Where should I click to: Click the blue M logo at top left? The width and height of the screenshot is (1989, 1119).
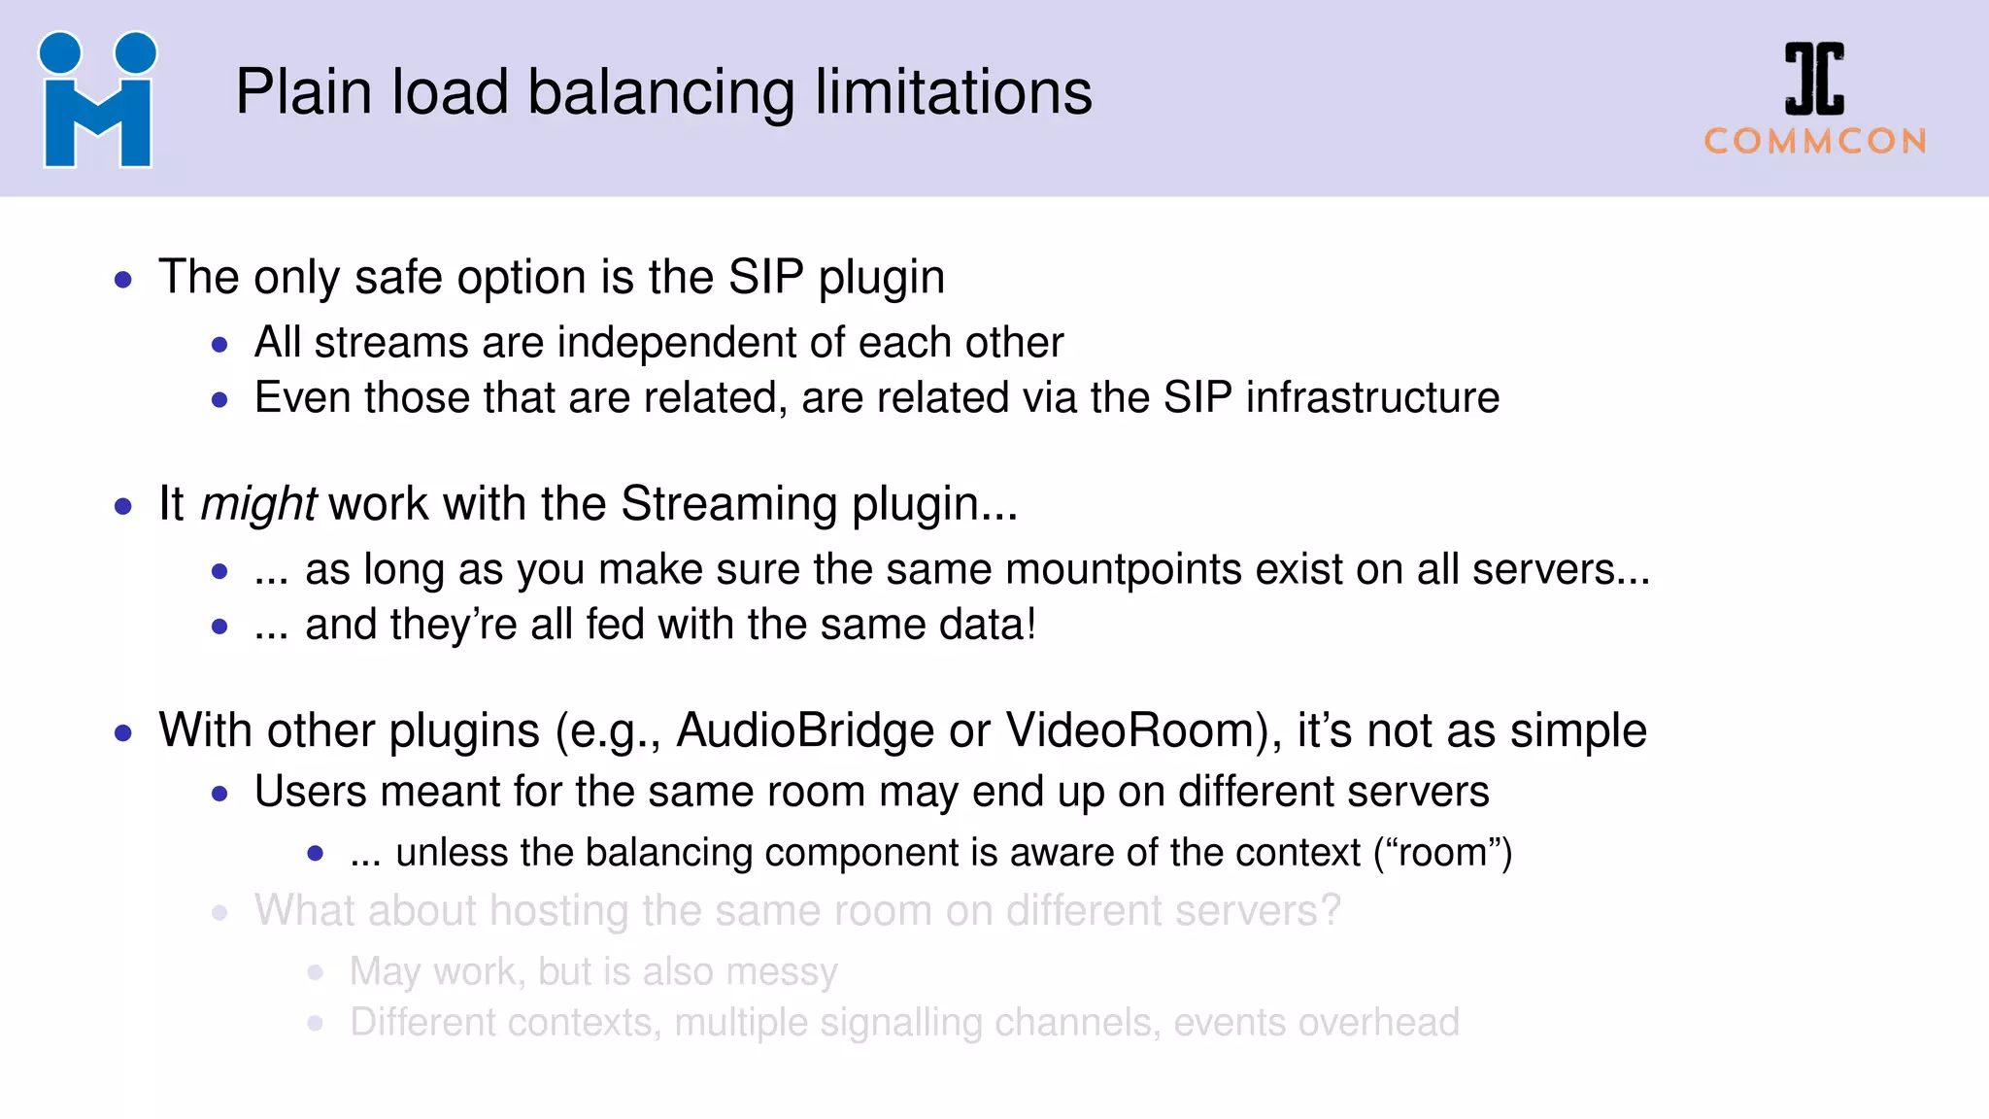(97, 100)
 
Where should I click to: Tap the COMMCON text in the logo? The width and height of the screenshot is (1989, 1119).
(1815, 142)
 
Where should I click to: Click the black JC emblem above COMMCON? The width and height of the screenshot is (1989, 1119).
(1814, 79)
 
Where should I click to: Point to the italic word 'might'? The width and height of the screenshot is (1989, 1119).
(257, 504)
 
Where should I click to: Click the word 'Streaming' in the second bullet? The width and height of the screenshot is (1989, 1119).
(728, 504)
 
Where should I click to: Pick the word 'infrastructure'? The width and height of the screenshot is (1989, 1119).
(1372, 398)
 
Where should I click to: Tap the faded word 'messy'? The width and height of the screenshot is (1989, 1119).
(781, 971)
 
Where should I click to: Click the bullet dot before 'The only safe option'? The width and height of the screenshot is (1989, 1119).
(123, 281)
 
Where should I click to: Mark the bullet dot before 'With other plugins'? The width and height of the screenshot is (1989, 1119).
(123, 733)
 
